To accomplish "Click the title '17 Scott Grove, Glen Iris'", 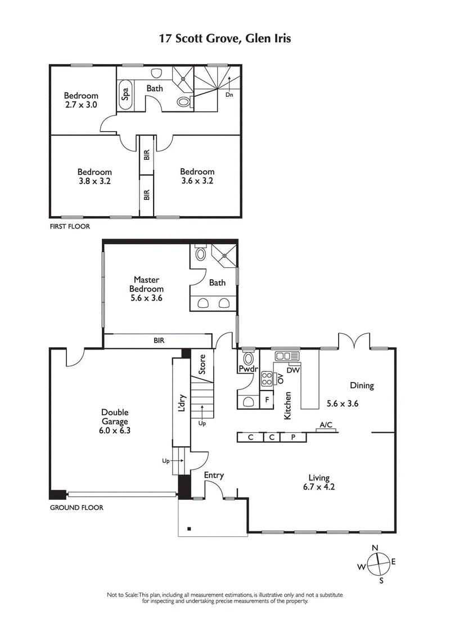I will (x=225, y=39).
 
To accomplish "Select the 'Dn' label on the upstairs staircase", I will (x=229, y=95).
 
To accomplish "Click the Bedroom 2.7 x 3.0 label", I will (x=80, y=100).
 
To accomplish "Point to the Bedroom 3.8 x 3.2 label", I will (x=94, y=176).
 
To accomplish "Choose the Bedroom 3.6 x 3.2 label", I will (x=197, y=176).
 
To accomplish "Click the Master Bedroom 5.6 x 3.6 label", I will (x=146, y=289).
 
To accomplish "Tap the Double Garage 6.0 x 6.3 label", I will (x=115, y=421).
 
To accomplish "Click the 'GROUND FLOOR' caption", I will (x=76, y=507).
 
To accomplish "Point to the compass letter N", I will (x=375, y=548).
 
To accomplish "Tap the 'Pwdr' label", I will (x=247, y=370).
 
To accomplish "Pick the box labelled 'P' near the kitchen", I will (x=293, y=437).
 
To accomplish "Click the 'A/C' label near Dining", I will (x=326, y=425).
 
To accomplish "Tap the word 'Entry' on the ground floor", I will (x=214, y=475).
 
